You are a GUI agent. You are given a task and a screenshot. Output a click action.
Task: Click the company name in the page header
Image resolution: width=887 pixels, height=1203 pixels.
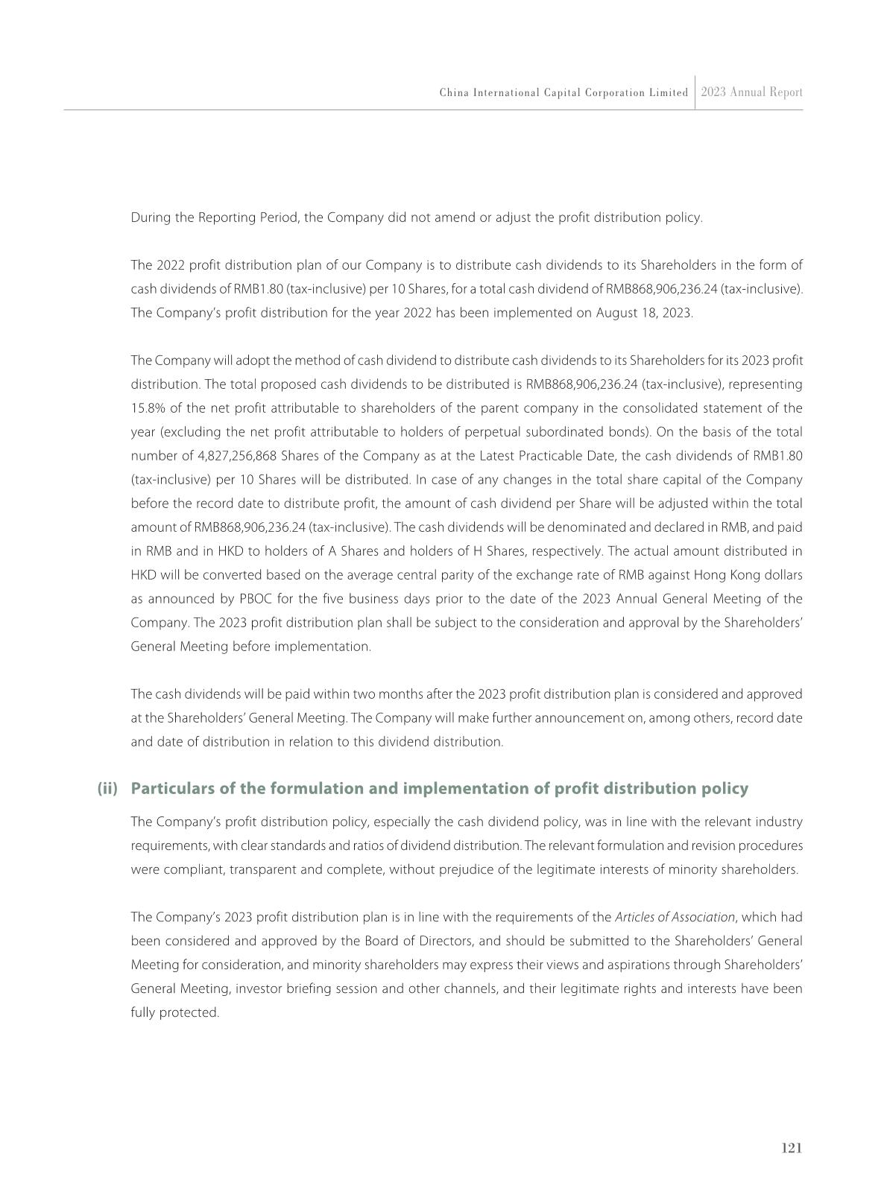pos(564,93)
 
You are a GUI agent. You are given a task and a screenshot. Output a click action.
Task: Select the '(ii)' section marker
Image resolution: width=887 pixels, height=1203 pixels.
pos(108,788)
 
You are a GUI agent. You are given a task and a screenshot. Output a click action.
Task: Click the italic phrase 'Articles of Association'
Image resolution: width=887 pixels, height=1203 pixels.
pos(675,917)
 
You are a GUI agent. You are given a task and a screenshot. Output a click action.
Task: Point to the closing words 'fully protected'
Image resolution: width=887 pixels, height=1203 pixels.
pos(174,1012)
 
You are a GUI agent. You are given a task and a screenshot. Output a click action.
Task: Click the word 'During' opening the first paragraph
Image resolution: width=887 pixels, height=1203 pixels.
pos(148,218)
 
